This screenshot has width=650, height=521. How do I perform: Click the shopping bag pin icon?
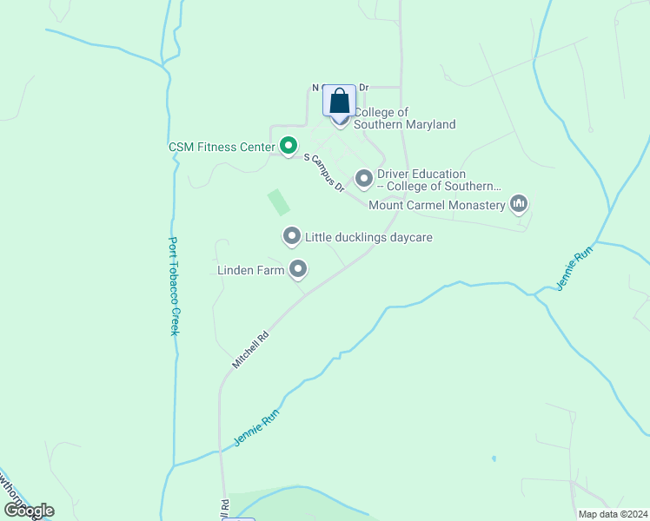pos(339,102)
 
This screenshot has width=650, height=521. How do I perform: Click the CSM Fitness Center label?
pos(222,147)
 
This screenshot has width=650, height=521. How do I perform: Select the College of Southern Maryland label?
pos(405,119)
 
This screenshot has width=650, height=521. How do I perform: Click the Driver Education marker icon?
pos(364,179)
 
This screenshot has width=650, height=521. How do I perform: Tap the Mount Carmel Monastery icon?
pos(519,205)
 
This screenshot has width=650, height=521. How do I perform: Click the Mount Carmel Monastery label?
pos(437,206)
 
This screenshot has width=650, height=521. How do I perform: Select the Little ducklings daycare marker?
pos(292,236)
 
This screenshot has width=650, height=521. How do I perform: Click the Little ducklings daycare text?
pos(368,237)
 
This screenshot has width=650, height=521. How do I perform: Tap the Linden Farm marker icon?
pos(298,269)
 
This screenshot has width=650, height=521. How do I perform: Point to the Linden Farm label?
pos(251,271)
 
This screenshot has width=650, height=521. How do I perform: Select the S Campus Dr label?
pos(325,173)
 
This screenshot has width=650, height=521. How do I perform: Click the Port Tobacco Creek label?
pos(174,287)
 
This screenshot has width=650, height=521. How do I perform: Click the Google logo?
pos(29,511)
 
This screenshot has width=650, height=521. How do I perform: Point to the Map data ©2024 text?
pos(613,514)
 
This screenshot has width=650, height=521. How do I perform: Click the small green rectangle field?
pos(278,202)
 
